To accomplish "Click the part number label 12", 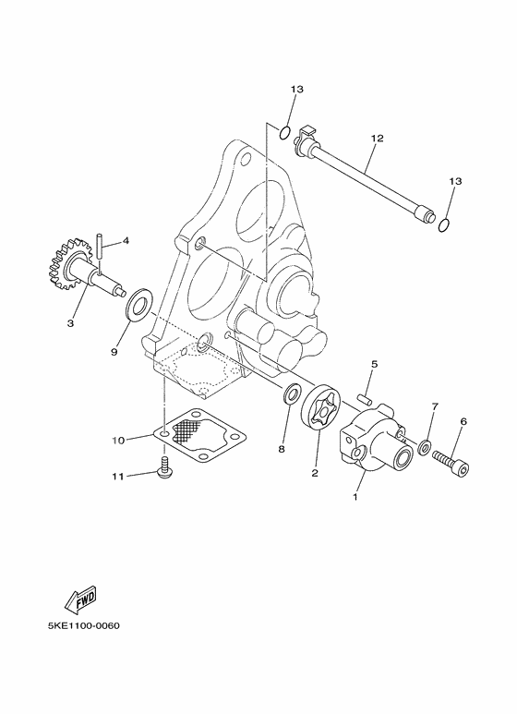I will click(377, 139).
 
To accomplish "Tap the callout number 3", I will click(69, 322).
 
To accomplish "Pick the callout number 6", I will click(463, 421).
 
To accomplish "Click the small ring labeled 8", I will click(289, 397).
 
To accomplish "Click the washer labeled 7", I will click(424, 447).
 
